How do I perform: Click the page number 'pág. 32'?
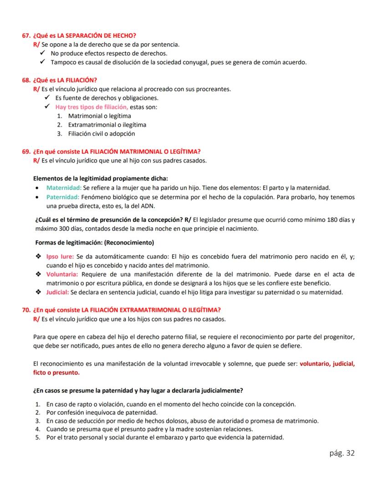(341, 452)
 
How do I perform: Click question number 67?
(26, 36)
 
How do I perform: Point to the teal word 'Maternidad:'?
(64, 188)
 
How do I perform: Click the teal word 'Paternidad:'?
(63, 197)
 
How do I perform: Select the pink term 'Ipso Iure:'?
(60, 257)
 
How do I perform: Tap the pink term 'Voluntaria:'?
(62, 274)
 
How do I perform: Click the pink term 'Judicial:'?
(57, 292)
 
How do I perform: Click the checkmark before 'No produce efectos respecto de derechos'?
(41, 54)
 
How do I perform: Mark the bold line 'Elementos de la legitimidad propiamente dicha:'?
(101, 179)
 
